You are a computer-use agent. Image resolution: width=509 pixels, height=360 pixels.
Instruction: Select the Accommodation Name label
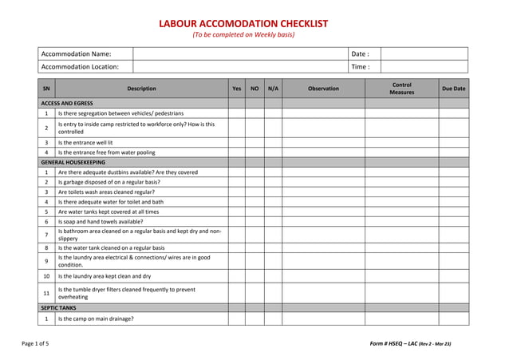[x=77, y=53]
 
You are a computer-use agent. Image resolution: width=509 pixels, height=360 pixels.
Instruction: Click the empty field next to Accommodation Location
[x=240, y=67]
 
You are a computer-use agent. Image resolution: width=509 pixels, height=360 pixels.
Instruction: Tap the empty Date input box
[x=424, y=53]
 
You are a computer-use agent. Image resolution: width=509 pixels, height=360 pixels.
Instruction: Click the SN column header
[x=46, y=89]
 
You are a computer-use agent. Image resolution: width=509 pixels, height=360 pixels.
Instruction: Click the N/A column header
[x=273, y=89]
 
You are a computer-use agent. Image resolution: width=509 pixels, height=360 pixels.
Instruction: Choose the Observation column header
[x=324, y=89]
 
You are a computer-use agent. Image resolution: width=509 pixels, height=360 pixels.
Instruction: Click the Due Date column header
[x=453, y=89]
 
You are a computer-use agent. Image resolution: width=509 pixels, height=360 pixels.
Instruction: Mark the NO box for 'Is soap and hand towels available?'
[x=254, y=221]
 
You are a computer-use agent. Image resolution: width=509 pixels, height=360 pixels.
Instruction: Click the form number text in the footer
[x=410, y=343]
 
